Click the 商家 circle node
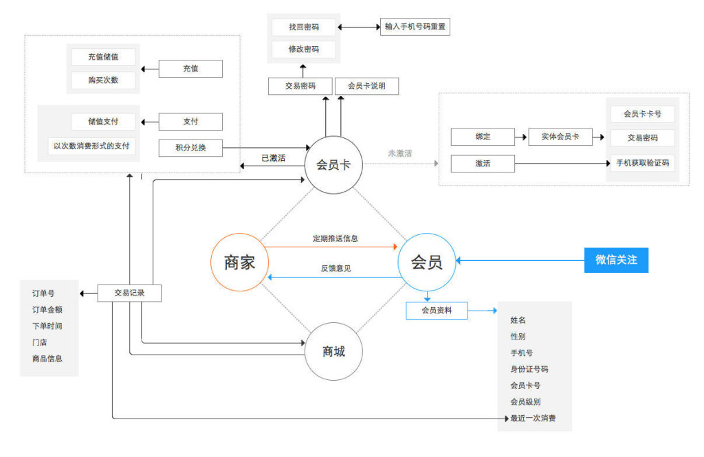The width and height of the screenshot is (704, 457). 240,262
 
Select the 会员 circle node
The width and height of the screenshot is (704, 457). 427,262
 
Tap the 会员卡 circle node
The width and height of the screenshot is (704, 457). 333,164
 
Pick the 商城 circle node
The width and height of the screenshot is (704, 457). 333,352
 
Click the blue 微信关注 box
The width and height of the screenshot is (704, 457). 616,260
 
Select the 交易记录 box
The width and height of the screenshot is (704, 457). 129,293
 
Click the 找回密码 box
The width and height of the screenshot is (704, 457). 304,27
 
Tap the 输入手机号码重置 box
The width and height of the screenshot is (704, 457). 415,27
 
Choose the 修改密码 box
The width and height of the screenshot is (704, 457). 304,49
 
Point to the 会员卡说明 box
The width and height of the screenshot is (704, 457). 366,86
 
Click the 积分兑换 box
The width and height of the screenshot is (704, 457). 190,147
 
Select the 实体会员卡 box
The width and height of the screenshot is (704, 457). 560,137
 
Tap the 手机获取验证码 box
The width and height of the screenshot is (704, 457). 643,164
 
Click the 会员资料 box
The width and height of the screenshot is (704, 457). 437,311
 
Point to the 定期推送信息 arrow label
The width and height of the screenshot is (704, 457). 335,239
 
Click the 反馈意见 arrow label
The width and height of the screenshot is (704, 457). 335,268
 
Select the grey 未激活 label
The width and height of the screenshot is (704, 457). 399,153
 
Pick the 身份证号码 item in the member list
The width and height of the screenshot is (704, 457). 529,369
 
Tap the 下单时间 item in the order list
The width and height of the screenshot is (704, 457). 47,326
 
